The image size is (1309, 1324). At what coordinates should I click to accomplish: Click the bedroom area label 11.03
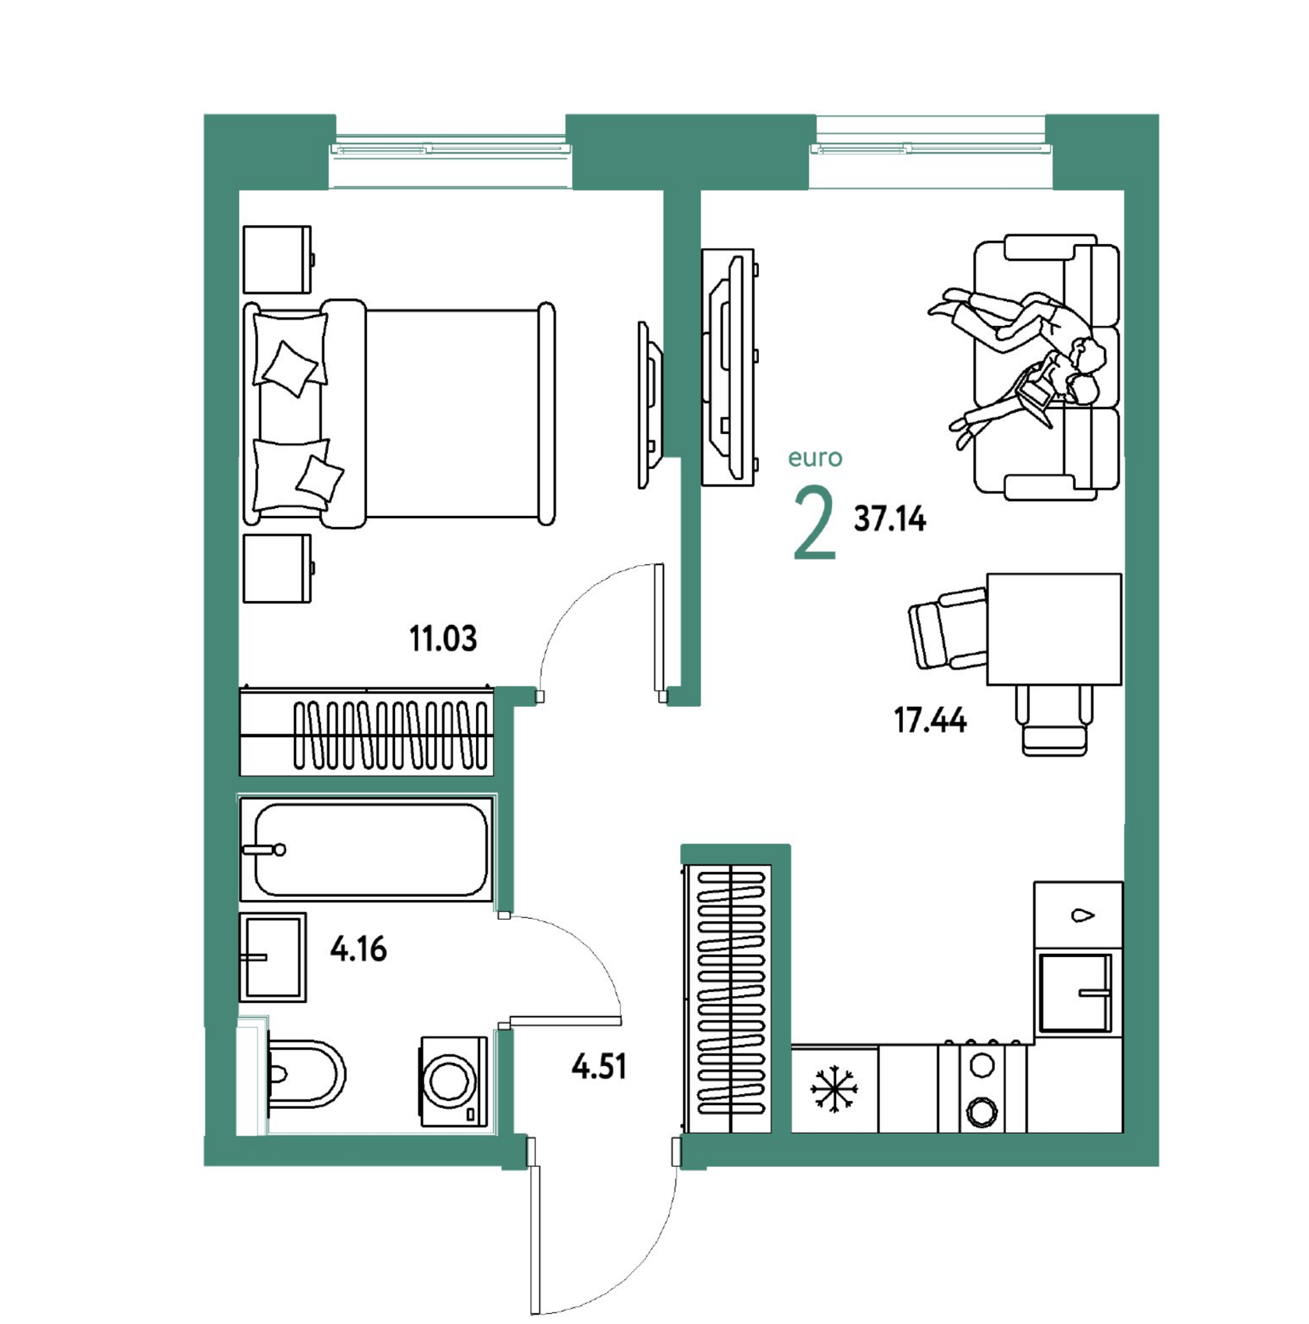click(443, 639)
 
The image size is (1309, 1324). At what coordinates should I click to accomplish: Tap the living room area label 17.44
click(930, 720)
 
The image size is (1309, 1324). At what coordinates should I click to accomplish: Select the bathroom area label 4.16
click(358, 949)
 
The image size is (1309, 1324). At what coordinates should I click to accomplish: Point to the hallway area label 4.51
click(599, 1066)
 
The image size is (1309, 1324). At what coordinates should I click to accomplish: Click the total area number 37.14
click(890, 519)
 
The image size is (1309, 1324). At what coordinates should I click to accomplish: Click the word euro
click(815, 457)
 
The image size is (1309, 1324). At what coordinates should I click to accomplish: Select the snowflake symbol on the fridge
click(834, 1089)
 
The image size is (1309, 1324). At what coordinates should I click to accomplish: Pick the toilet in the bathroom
click(305, 1073)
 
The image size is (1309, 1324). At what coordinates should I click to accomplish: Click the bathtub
click(366, 849)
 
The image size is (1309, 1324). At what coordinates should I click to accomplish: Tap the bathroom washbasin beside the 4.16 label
click(272, 957)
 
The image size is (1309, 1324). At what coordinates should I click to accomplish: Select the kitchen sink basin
click(1075, 993)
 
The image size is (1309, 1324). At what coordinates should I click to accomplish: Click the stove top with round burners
click(983, 1087)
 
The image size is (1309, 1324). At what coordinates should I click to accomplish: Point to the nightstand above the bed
click(278, 260)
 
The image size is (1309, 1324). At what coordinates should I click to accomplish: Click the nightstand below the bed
click(278, 569)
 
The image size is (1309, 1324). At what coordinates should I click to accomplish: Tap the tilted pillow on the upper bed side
click(291, 369)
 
